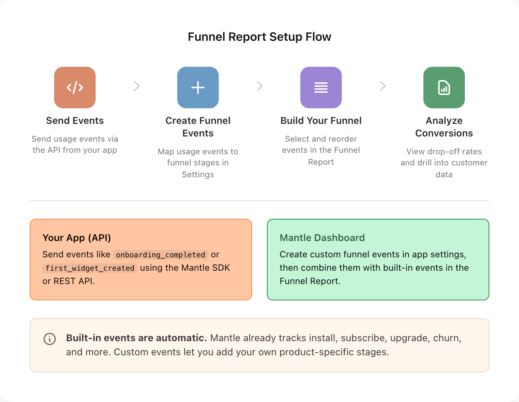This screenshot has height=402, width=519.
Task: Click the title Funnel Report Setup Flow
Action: [259, 37]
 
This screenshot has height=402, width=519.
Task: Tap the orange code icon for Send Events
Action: [75, 88]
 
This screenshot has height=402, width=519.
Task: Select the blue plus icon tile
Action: [198, 88]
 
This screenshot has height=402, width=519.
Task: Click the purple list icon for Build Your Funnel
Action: [321, 88]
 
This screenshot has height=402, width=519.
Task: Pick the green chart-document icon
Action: [444, 88]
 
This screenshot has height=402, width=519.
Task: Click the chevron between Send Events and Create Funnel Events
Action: [137, 86]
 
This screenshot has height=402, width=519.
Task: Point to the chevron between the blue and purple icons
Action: [260, 86]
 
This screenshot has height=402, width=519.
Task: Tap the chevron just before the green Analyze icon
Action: [383, 86]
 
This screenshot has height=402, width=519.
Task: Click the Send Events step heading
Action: [75, 121]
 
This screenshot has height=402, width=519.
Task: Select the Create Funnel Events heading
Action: [198, 127]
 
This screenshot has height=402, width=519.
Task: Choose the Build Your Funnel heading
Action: [321, 121]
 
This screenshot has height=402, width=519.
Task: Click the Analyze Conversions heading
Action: [444, 127]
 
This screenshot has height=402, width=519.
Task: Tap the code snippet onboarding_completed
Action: [161, 255]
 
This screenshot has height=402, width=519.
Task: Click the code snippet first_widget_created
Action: [90, 268]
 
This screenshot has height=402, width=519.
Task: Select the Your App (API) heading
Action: [77, 238]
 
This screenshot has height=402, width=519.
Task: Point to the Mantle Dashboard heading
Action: [322, 238]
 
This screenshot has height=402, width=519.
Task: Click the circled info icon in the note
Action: [50, 339]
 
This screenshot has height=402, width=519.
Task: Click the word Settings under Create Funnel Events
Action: [198, 174]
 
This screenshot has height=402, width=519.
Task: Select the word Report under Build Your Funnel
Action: [321, 162]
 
